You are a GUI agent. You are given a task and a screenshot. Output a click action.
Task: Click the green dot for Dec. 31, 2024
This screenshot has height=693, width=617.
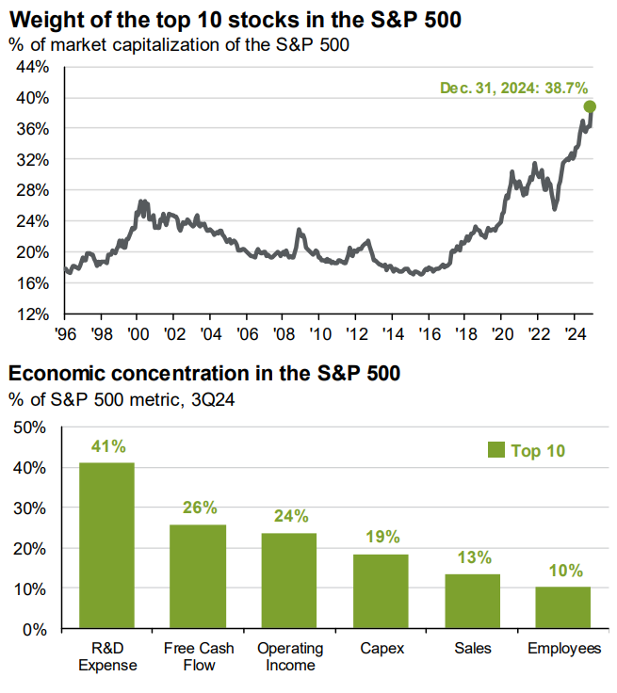pyautogui.click(x=590, y=106)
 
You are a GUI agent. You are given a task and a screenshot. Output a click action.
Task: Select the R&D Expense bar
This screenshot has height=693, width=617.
pyautogui.click(x=106, y=545)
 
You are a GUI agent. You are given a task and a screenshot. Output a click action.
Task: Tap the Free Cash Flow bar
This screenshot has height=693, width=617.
pyautogui.click(x=198, y=576)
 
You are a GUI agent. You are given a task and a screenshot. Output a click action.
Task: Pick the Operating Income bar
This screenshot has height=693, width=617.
pyautogui.click(x=289, y=580)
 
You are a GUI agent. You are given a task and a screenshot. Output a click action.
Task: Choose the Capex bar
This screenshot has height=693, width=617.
pyautogui.click(x=381, y=590)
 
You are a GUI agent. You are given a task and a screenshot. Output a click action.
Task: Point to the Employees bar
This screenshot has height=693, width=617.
pyautogui.click(x=563, y=607)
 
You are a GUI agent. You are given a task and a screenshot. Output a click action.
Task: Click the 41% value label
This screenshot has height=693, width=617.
pyautogui.click(x=106, y=446)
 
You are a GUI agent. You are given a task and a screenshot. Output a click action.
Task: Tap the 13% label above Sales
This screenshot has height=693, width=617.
pyautogui.click(x=472, y=557)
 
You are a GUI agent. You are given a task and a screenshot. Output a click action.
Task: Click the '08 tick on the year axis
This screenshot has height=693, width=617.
pyautogui.click(x=284, y=333)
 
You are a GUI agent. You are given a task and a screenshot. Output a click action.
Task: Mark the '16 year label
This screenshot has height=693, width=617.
pyautogui.click(x=429, y=333)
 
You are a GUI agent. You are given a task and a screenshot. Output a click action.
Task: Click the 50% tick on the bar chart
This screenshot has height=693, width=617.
pyautogui.click(x=28, y=427)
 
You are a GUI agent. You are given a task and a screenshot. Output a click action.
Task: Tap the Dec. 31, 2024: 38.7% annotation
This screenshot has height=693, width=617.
pyautogui.click(x=510, y=88)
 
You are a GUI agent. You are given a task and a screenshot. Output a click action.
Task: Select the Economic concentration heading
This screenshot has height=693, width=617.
pyautogui.click(x=204, y=374)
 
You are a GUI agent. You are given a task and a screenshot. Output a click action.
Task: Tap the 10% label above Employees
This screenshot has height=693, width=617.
pyautogui.click(x=563, y=571)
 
